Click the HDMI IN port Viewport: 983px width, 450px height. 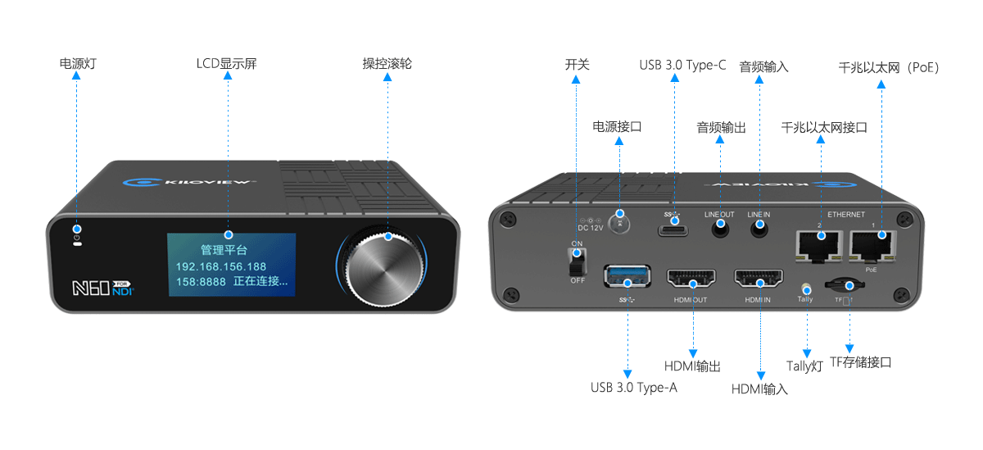click(759, 280)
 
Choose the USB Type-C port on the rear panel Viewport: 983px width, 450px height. click(674, 227)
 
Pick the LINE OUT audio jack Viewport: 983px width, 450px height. click(720, 230)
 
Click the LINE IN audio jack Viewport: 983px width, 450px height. click(759, 230)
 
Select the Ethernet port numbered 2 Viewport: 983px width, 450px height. click(820, 243)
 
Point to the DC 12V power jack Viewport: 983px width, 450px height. click(620, 223)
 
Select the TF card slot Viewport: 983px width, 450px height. click(847, 286)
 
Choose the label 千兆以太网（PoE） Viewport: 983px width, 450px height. click(889, 67)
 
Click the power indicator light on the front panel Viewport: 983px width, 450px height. click(77, 230)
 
